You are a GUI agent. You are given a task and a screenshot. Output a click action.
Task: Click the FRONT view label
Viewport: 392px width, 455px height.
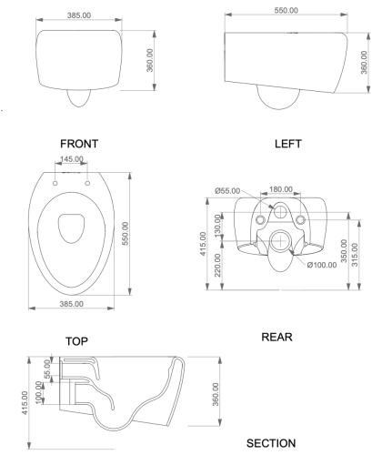(x=78, y=143)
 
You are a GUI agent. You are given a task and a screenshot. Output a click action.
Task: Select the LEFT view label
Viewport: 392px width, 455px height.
(x=287, y=144)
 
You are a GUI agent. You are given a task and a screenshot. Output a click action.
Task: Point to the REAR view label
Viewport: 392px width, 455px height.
(x=276, y=336)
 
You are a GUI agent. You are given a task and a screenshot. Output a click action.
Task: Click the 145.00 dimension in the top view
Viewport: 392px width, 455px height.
(x=72, y=160)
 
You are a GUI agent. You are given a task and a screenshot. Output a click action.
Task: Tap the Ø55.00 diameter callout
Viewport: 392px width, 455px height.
(x=227, y=190)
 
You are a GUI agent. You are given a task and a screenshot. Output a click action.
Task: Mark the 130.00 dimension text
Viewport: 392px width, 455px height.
(x=216, y=224)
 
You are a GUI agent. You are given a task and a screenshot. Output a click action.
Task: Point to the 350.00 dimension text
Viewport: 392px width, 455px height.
(x=343, y=251)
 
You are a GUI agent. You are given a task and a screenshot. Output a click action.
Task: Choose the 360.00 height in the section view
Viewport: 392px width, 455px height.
(x=215, y=397)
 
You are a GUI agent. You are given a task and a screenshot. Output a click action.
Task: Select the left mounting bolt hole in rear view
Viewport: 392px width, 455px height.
(x=261, y=221)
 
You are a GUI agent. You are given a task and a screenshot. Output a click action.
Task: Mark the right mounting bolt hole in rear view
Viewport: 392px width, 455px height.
(x=301, y=221)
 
